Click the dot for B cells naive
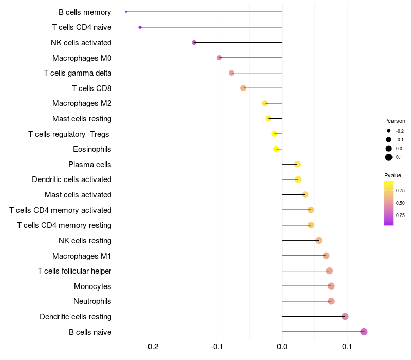[364, 332]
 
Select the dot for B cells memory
[126, 12]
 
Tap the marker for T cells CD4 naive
[140, 27]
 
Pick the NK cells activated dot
[194, 42]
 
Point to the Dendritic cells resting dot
[345, 316]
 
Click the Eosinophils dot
[276, 149]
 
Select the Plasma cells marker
[297, 164]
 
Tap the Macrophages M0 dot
[219, 58]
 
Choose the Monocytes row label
[92, 286]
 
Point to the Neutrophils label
[92, 301]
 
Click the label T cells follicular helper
[74, 271]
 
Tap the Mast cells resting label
[82, 119]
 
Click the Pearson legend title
[395, 121]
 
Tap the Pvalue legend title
[393, 175]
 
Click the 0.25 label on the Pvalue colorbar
[400, 215]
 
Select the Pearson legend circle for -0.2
[389, 131]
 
